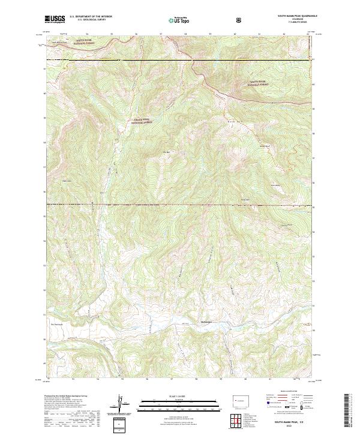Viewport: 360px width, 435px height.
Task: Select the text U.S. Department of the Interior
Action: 91,17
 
